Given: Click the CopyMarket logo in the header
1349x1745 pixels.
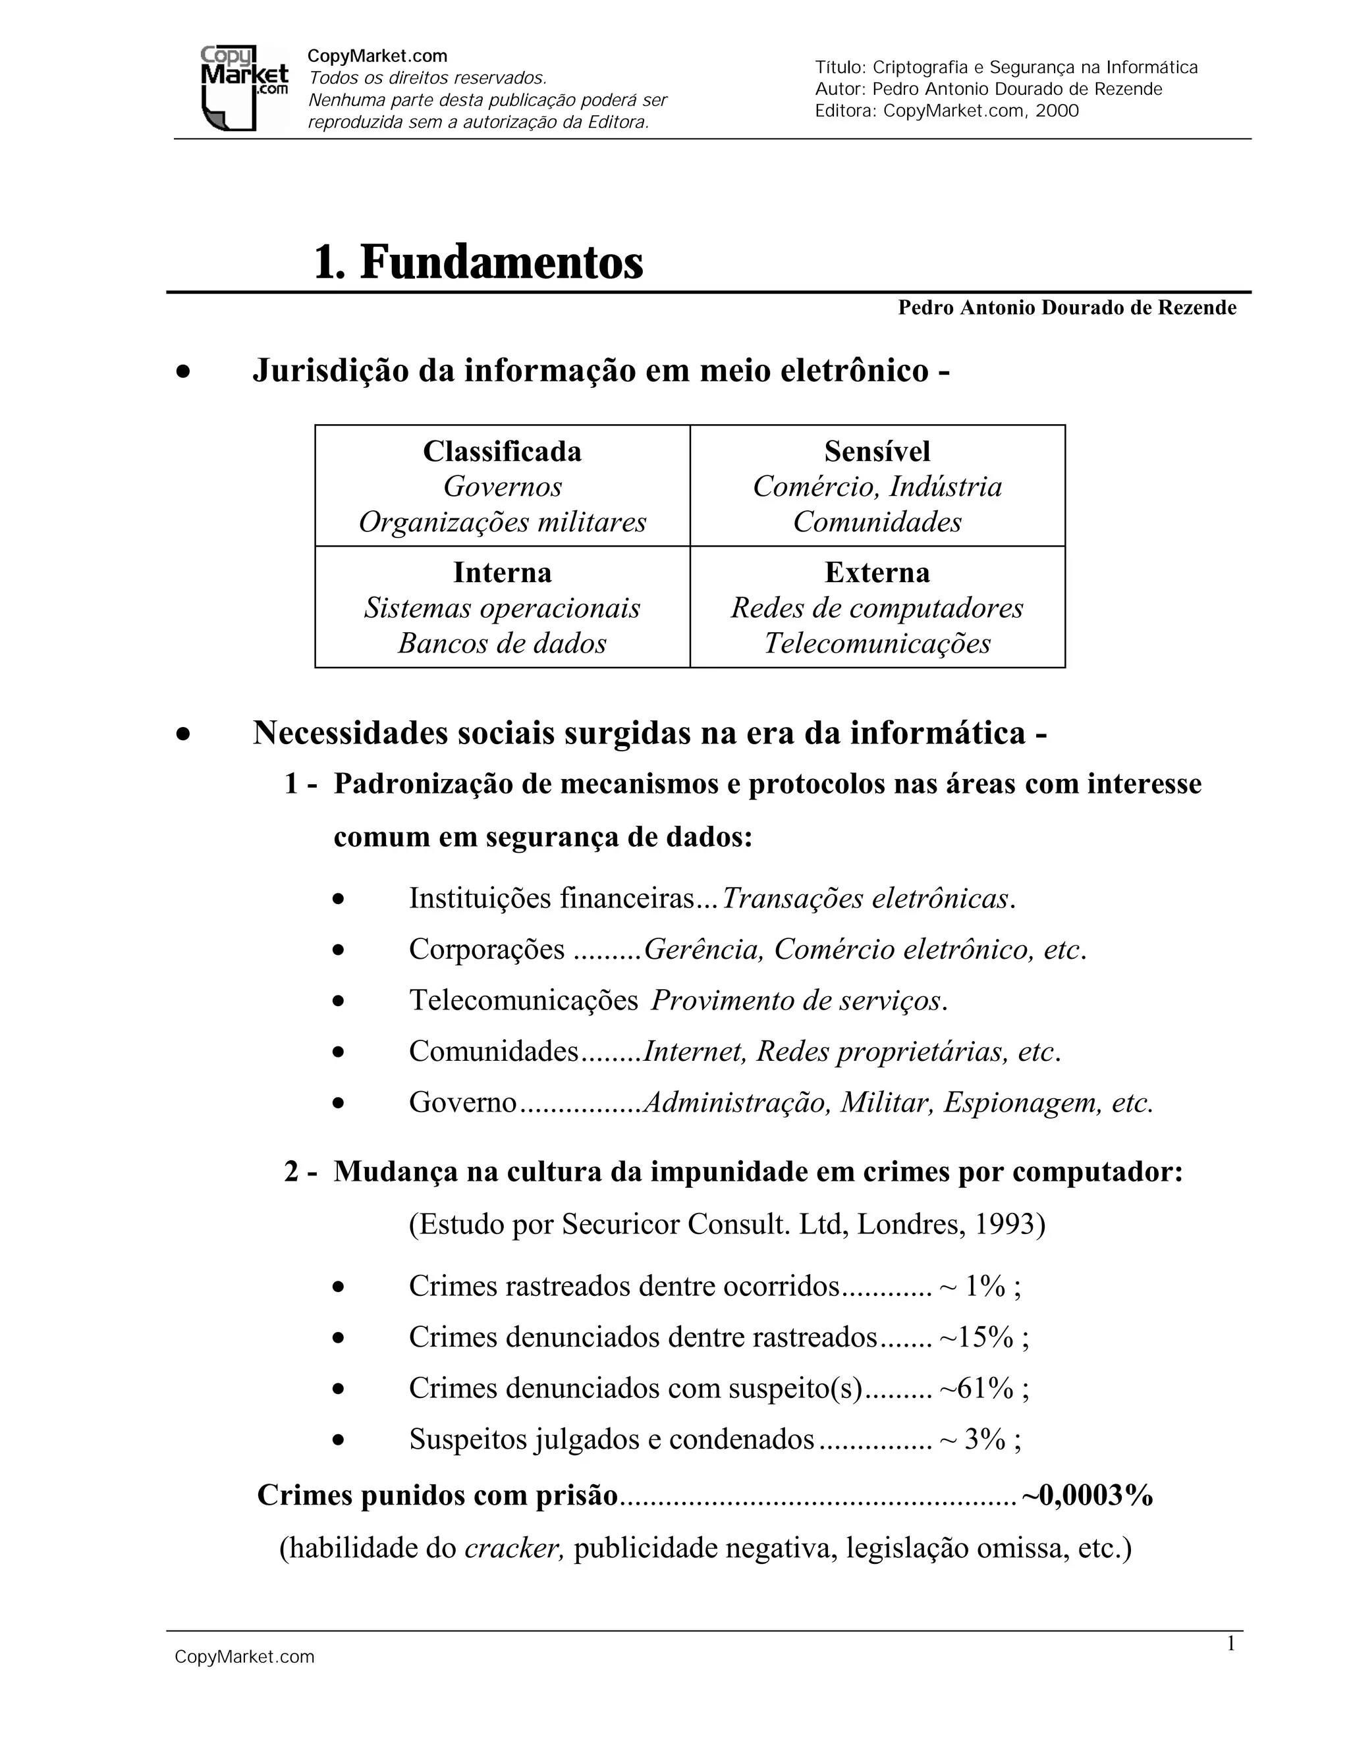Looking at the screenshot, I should coord(243,88).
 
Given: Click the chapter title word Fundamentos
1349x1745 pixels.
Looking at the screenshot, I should coord(501,262).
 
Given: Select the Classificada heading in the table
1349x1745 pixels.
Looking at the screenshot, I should coord(502,452).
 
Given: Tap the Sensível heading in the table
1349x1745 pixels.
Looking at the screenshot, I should coord(877,452).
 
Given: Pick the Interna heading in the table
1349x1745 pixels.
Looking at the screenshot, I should coord(502,573).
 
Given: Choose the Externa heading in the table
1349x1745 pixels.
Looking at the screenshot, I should coord(877,573).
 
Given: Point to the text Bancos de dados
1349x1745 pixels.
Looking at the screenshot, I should coord(502,643).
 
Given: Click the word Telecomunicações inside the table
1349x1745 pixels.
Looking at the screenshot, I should coord(877,643).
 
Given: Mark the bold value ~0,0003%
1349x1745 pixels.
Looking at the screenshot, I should coord(1087,1495).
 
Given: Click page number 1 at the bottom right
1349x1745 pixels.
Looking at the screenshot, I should coord(1230,1644).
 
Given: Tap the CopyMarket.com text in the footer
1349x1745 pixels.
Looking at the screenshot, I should coord(244,1657).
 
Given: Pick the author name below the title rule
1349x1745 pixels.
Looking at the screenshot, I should coord(1067,308).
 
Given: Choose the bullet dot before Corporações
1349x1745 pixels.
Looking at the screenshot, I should coord(339,951).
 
